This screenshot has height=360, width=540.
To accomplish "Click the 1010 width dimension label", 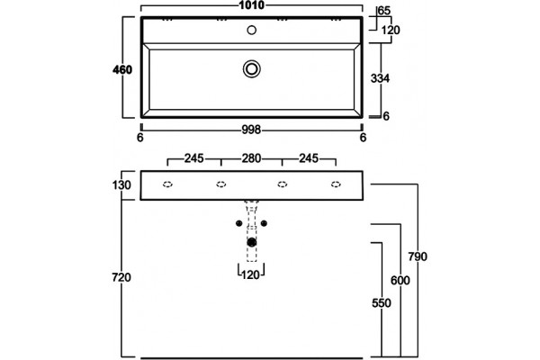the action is tap(252, 5).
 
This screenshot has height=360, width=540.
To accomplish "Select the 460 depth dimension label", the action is tap(122, 70).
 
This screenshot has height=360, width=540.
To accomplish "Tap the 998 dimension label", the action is tap(251, 130).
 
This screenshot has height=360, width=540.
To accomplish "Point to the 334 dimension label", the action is tap(380, 78).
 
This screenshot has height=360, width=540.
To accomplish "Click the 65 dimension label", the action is tap(384, 11).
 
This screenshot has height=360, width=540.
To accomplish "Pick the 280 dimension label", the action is tap(251, 158).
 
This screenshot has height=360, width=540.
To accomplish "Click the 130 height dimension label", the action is tap(121, 185).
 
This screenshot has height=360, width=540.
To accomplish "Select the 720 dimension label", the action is tap(121, 277).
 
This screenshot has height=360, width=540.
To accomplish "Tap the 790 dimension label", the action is tap(418, 256).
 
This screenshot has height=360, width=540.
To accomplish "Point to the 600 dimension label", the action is tap(400, 281).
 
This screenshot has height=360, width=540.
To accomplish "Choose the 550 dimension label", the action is tap(382, 303).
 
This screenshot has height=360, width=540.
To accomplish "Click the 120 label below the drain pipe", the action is tap(250, 274).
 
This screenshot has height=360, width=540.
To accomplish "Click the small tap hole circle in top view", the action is tap(252, 30).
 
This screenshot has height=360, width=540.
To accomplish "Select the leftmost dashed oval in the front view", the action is tap(167, 184).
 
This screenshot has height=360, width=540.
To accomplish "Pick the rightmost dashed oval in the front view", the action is tap(336, 184).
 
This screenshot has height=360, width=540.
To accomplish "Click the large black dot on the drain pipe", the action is tap(252, 242).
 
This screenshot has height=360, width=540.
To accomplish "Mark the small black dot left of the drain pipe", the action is tap(239, 223).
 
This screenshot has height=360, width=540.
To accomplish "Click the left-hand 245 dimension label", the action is tap(193, 158).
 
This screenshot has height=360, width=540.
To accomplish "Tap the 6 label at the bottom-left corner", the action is tap(139, 138).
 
